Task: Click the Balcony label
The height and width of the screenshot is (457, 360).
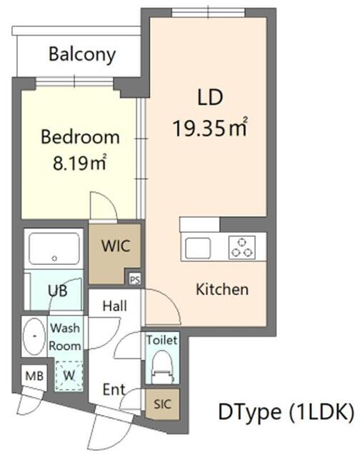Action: tap(82, 54)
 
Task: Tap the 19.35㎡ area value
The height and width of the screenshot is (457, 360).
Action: tap(210, 129)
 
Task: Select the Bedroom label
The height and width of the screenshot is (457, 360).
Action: tap(79, 136)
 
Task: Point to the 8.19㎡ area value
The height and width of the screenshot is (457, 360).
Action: tap(79, 163)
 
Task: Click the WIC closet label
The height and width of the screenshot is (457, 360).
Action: tap(115, 248)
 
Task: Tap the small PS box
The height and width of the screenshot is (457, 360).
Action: tap(134, 278)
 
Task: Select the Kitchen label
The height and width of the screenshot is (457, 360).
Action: tap(222, 289)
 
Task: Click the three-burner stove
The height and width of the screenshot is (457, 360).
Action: tap(242, 247)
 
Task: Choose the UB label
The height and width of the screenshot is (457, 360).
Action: tap(59, 291)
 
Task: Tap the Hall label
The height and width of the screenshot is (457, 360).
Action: tap(114, 306)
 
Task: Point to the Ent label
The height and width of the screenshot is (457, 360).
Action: tap(114, 390)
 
